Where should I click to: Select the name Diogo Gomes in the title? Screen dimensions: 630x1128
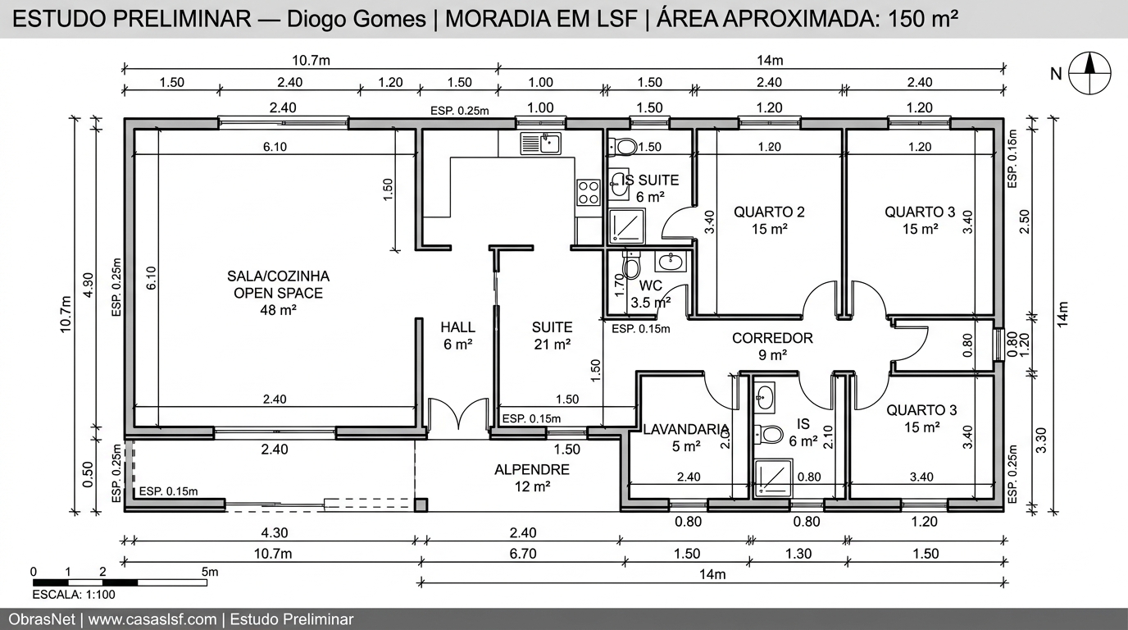click(x=356, y=20)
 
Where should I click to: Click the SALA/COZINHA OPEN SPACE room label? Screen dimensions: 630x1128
click(x=278, y=293)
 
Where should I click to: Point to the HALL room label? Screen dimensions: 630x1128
click(x=457, y=336)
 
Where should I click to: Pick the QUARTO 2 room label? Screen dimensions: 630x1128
click(x=769, y=220)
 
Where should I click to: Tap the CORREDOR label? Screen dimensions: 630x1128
click(x=772, y=345)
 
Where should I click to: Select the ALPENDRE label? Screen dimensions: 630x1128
click(x=531, y=477)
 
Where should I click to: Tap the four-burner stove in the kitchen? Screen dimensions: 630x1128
click(x=589, y=192)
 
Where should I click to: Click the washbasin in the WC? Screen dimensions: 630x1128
click(x=671, y=261)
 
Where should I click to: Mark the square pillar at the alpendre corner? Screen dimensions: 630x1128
click(x=421, y=504)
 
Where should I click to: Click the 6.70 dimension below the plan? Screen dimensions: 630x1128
click(x=522, y=554)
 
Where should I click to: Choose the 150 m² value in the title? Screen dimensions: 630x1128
click(x=919, y=20)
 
